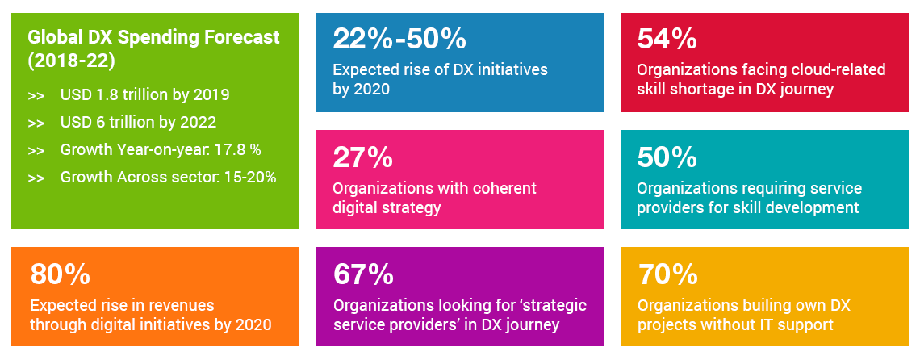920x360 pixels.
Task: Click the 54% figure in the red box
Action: tap(667, 39)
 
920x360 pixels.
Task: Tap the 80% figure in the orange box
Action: tap(61, 275)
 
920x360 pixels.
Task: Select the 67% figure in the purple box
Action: tap(363, 275)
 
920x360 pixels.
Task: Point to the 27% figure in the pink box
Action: tap(362, 157)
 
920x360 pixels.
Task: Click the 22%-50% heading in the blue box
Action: tap(399, 39)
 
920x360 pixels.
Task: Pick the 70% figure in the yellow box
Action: tap(667, 275)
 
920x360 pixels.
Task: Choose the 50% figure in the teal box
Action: tap(667, 157)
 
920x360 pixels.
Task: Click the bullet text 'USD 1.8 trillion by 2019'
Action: tap(144, 95)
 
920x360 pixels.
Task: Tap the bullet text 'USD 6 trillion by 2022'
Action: tap(138, 123)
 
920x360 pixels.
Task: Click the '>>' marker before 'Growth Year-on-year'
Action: tap(36, 150)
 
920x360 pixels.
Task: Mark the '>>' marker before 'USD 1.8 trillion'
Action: tap(36, 95)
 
